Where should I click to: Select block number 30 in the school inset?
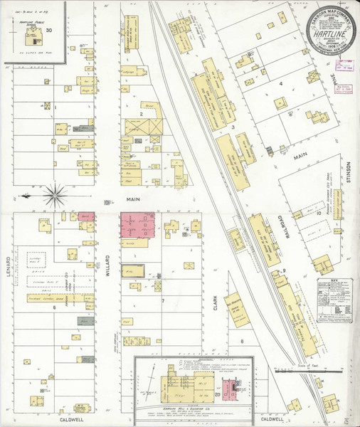[49, 31]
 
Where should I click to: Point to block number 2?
[142, 113]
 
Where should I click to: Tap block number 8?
[241, 342]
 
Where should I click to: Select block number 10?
[319, 212]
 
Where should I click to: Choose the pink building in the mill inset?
[230, 389]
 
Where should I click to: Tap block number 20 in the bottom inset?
[217, 394]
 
